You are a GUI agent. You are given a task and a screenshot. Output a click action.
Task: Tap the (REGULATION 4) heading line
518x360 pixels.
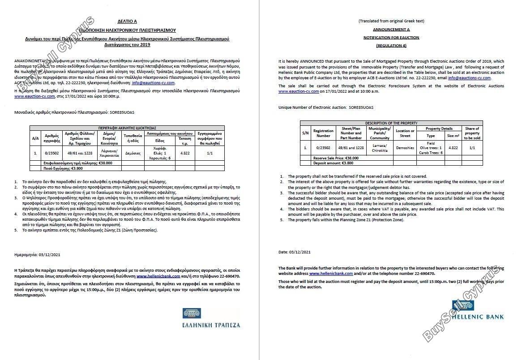391,45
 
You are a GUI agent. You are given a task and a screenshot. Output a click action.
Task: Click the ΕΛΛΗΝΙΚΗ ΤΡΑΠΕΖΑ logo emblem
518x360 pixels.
192,313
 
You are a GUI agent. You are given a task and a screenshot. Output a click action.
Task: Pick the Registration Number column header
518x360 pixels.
323,133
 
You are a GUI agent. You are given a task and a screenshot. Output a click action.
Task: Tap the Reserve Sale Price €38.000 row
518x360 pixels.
332,158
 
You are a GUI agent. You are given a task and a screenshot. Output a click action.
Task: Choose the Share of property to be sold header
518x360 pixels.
472,133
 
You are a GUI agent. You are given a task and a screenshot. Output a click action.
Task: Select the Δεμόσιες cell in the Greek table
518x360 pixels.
133,153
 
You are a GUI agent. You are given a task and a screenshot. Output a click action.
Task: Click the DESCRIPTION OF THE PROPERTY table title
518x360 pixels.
391,123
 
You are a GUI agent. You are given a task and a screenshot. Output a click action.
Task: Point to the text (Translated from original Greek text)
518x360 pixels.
391,21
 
